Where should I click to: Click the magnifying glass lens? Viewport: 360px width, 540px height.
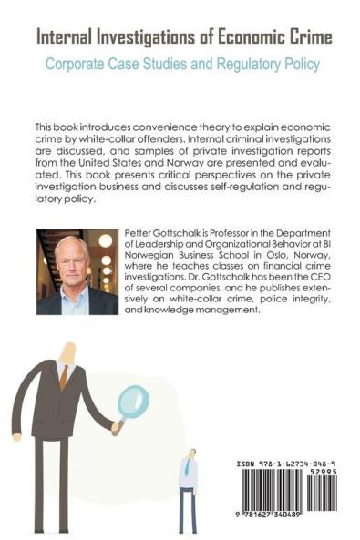click(x=135, y=401)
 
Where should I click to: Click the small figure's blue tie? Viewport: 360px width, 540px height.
click(x=187, y=467)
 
